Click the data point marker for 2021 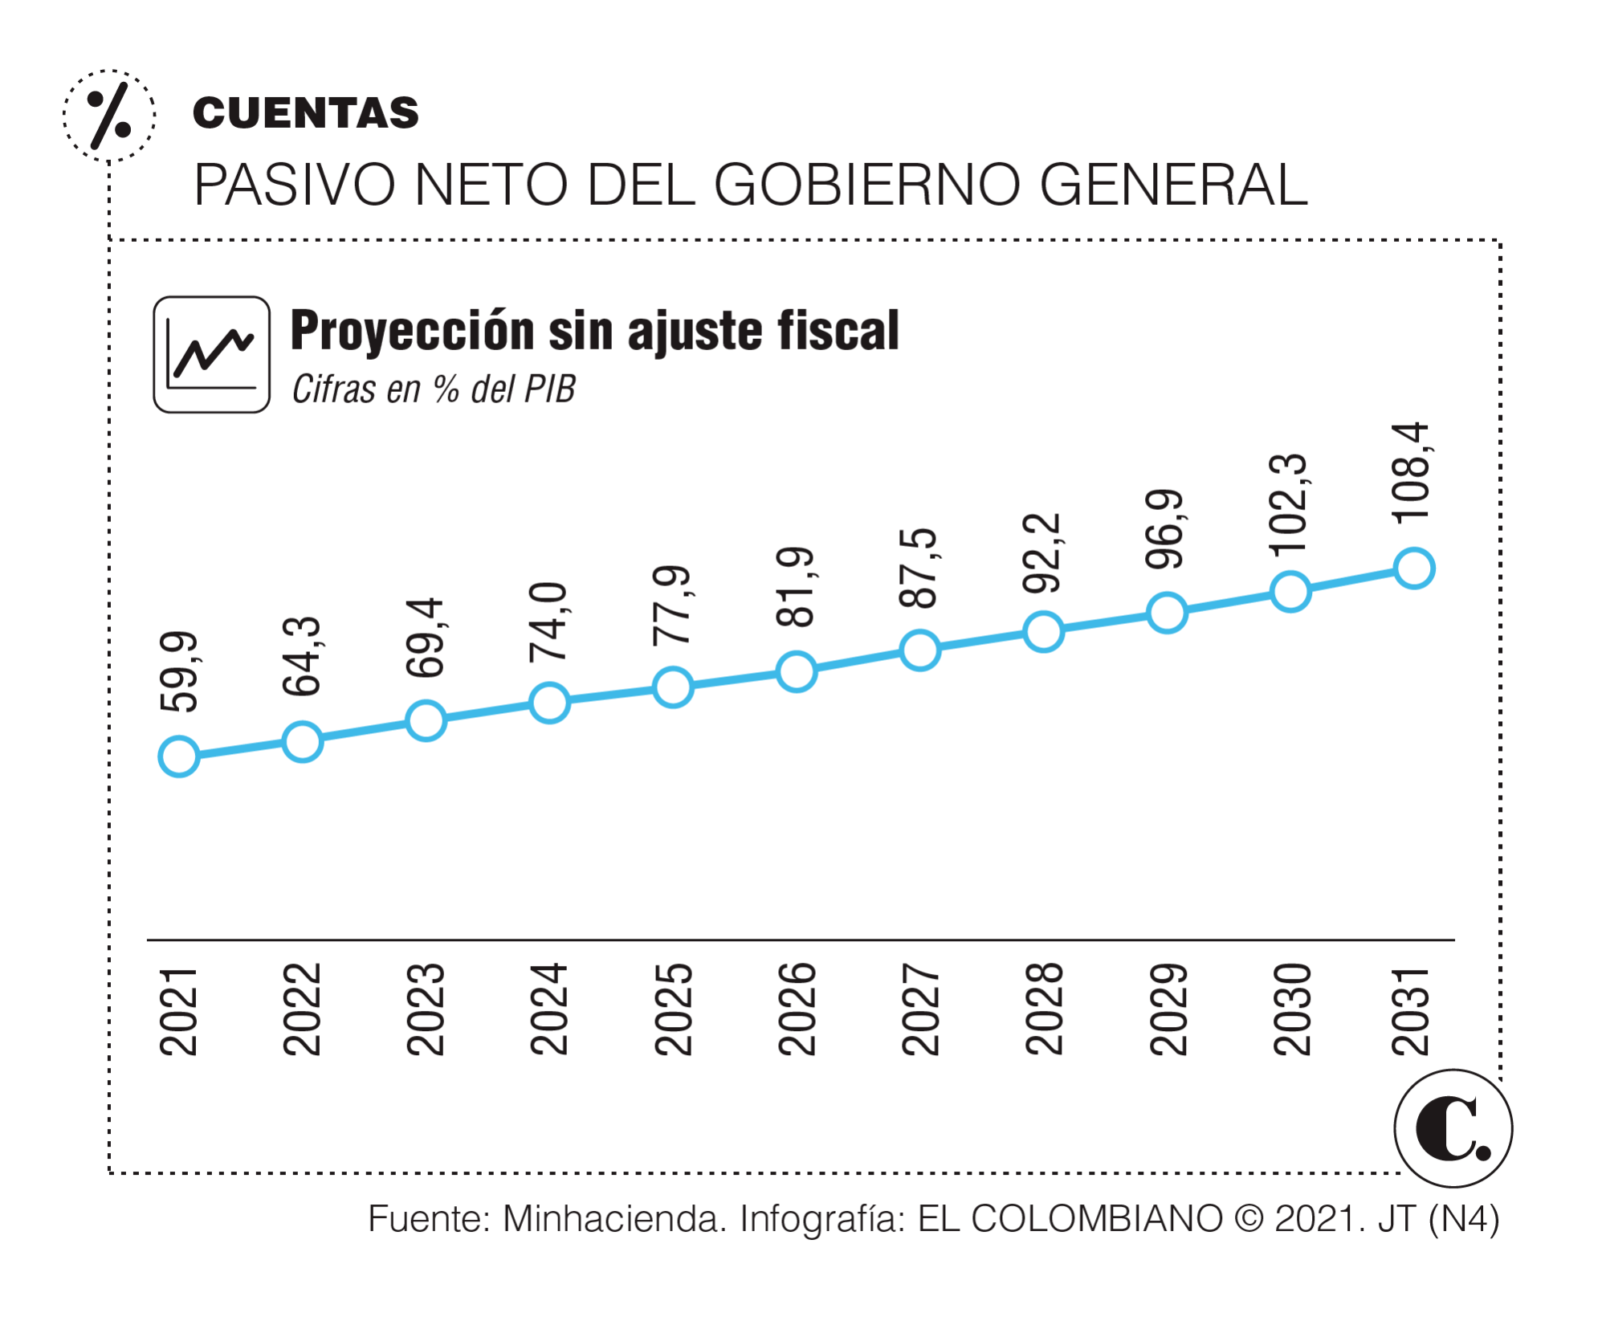tap(179, 756)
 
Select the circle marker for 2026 tap(797, 671)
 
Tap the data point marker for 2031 tap(1414, 569)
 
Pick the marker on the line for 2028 tap(1043, 631)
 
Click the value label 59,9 tap(179, 672)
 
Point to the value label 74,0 tap(549, 623)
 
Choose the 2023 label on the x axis tap(426, 1009)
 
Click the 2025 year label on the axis tap(673, 1009)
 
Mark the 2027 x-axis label tap(920, 1009)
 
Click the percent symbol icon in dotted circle tap(109, 116)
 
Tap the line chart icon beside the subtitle tap(211, 354)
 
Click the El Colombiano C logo tap(1453, 1128)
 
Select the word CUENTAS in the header tap(306, 112)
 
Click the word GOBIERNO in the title tap(870, 185)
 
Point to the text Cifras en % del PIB tap(434, 389)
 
